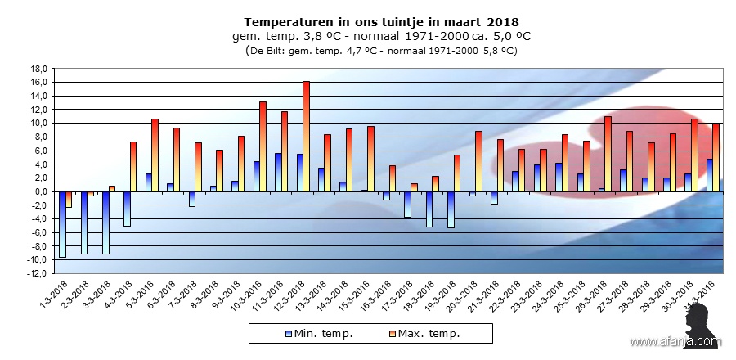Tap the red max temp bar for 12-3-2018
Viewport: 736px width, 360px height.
pos(306,136)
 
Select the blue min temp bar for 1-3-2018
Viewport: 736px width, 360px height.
pos(62,223)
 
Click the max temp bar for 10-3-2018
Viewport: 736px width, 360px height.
pos(263,146)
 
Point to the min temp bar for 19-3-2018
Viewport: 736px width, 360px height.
pos(450,209)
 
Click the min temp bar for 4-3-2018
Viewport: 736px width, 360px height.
pos(127,208)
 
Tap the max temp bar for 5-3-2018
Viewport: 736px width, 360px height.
pos(155,155)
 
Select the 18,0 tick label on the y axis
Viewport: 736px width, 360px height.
pos(38,69)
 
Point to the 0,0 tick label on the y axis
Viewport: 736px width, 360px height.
pos(39,191)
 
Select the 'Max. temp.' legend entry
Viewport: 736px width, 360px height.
pos(425,333)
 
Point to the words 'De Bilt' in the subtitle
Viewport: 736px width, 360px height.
pos(270,51)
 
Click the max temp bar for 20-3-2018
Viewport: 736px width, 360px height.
pos(478,161)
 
